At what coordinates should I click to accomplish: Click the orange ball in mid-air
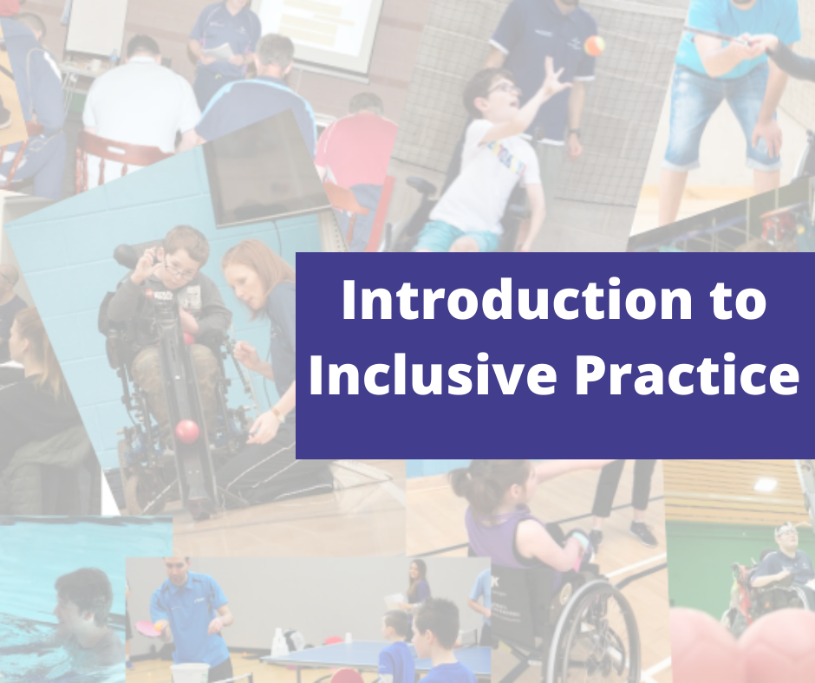[594, 45]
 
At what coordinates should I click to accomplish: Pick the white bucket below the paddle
[189, 672]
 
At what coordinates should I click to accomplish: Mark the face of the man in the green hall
[786, 537]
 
